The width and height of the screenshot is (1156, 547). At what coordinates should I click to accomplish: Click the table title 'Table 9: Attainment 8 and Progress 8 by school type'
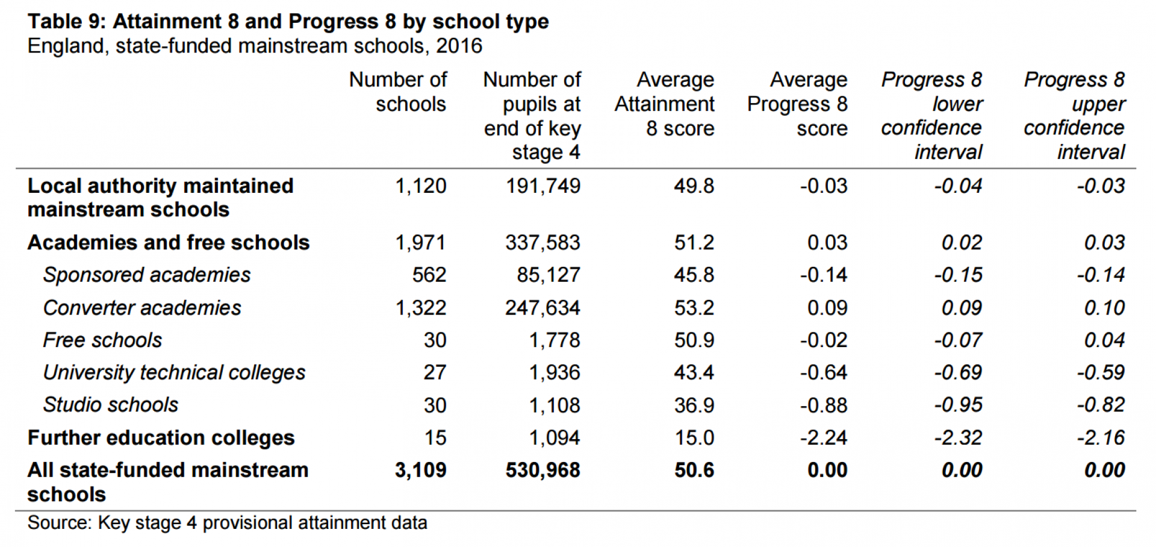[x=288, y=22]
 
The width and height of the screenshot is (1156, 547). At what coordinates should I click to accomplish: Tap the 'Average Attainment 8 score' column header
[x=665, y=104]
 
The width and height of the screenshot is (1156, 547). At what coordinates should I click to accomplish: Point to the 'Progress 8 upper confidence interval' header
[x=1074, y=115]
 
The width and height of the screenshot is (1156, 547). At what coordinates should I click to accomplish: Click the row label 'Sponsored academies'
[x=147, y=275]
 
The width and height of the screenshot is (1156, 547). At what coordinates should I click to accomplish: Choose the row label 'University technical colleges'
[x=174, y=373]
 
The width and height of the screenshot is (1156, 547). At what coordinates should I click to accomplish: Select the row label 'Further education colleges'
[x=161, y=438]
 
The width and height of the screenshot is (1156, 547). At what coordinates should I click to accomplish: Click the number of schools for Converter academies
[x=420, y=308]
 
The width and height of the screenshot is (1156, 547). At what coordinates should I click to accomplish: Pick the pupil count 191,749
[x=542, y=186]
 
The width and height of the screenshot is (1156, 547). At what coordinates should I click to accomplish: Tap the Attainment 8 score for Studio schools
[x=694, y=405]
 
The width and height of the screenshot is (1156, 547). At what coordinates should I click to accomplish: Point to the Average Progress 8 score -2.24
[x=823, y=438]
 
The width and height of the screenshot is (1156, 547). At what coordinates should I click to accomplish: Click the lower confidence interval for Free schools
[x=958, y=340]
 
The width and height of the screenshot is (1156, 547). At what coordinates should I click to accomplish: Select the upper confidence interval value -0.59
[x=1101, y=373]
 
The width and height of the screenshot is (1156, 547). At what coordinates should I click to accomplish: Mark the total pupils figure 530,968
[x=542, y=470]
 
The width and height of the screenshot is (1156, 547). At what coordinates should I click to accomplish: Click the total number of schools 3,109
[x=420, y=470]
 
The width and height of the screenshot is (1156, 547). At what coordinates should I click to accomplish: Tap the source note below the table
[x=227, y=523]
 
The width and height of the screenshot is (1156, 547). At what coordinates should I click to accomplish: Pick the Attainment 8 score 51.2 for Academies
[x=694, y=243]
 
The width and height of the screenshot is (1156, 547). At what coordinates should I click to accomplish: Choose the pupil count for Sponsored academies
[x=548, y=275]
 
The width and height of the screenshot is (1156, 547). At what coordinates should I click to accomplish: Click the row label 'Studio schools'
[x=111, y=405]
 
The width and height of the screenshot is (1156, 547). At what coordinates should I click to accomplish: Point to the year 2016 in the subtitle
[x=459, y=46]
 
